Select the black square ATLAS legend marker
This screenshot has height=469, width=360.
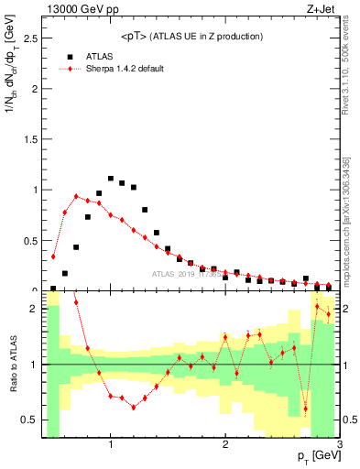click(x=69, y=56)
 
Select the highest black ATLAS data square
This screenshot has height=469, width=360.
click(x=111, y=179)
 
